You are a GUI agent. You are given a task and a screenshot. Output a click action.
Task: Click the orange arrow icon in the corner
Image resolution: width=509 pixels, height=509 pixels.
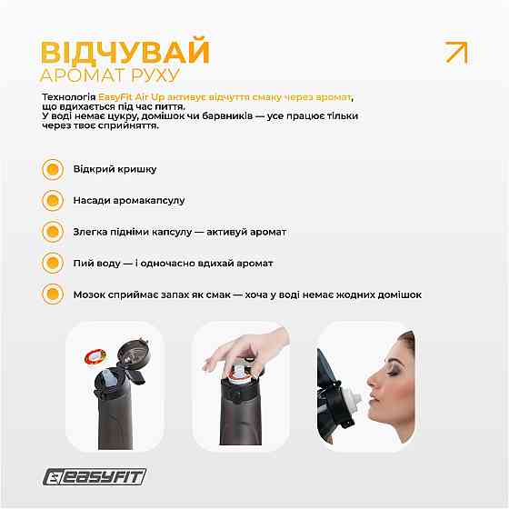tap(456, 53)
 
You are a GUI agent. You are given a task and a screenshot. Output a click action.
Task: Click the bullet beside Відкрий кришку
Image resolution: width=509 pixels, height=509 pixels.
tap(53, 169)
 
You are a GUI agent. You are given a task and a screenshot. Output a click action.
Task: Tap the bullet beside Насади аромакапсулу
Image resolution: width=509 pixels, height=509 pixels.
tap(53, 200)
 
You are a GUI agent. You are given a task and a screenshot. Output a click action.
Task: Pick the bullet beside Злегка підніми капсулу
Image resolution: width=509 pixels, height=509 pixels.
tap(53, 232)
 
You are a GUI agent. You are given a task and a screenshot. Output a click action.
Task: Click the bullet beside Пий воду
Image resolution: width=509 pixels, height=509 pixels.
tap(53, 263)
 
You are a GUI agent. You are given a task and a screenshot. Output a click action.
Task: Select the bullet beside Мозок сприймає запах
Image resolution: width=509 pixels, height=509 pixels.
tap(53, 294)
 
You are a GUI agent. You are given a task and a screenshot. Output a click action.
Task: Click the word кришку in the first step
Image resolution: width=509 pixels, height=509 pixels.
tap(136, 169)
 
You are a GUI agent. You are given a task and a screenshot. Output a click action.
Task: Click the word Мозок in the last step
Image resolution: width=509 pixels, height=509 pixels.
tap(89, 294)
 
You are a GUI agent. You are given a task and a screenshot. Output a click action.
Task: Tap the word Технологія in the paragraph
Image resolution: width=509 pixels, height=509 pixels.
tap(69, 96)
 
